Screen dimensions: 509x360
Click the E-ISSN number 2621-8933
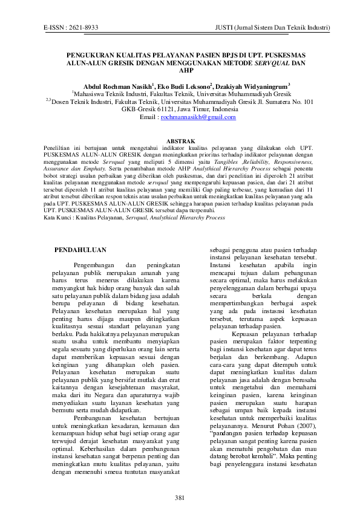tap(84, 28)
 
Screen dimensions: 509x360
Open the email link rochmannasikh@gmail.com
tap(198, 117)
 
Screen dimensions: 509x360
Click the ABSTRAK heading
tap(180, 140)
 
